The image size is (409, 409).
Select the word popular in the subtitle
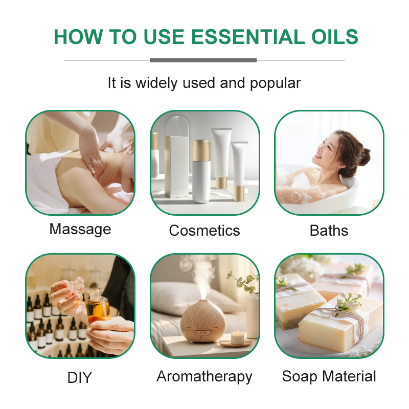[275, 83]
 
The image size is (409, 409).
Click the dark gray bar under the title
[203, 60]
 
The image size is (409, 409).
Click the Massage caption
[80, 229]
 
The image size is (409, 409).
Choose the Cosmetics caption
[204, 231]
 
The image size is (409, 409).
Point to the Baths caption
[329, 231]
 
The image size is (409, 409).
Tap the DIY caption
[80, 378]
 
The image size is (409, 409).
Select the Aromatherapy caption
[204, 377]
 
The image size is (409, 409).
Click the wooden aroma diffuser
[203, 323]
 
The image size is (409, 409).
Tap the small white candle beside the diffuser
[236, 336]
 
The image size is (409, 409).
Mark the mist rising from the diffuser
[201, 274]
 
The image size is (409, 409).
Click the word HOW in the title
[77, 37]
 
